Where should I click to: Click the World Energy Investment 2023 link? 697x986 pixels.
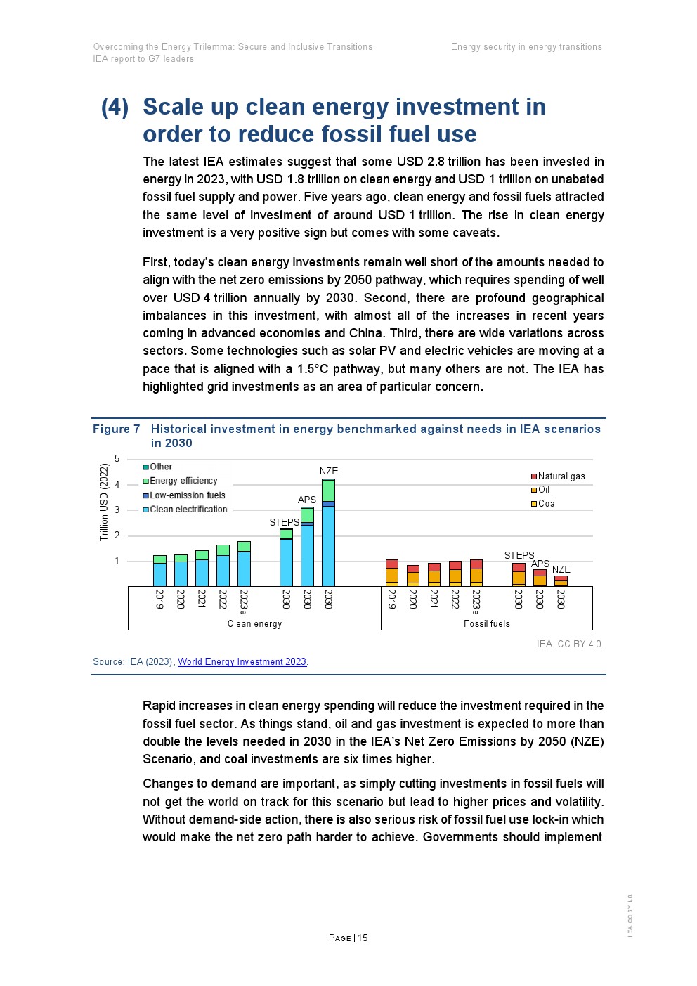click(242, 661)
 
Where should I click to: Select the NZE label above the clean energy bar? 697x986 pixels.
click(328, 471)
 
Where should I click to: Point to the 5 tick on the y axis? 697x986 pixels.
click(117, 459)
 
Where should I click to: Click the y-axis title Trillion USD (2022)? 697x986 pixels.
click(104, 502)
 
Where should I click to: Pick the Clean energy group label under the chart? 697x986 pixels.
click(254, 623)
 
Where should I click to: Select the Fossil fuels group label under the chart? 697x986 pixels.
click(486, 623)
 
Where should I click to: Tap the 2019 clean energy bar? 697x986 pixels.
click(159, 571)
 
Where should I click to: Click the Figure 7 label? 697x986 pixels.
click(116, 429)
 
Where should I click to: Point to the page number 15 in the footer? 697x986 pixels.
click(363, 938)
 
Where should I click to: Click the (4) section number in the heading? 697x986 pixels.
click(115, 107)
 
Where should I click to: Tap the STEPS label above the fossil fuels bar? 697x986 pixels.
click(519, 555)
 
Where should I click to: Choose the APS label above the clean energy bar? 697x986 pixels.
click(307, 500)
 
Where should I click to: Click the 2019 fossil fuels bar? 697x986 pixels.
click(391, 573)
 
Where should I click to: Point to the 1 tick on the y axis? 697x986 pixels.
click(117, 561)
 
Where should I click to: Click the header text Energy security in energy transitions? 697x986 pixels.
click(526, 47)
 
